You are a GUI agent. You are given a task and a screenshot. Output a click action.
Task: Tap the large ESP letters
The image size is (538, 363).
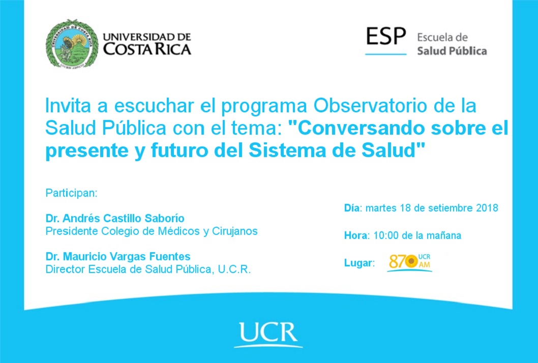(x=386, y=36)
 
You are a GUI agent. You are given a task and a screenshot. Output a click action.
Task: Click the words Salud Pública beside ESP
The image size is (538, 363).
(x=452, y=51)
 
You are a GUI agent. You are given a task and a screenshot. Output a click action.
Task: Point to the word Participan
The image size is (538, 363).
(x=71, y=193)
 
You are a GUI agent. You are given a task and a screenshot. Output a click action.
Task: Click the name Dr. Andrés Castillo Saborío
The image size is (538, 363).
(x=115, y=218)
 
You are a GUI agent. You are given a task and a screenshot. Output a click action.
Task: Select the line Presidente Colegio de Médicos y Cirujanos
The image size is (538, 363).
(x=152, y=231)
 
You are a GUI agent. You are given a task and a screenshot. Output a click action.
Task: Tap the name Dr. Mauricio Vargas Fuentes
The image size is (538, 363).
(x=118, y=256)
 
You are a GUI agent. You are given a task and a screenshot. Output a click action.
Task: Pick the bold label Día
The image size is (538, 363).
(x=352, y=208)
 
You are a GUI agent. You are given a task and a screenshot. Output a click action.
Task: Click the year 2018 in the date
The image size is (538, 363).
(x=487, y=208)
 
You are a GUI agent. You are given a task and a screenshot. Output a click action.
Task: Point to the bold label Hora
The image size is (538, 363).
(x=355, y=235)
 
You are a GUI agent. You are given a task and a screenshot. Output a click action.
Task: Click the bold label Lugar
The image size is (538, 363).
(x=358, y=263)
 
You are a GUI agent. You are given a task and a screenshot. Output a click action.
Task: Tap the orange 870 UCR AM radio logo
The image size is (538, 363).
(x=410, y=262)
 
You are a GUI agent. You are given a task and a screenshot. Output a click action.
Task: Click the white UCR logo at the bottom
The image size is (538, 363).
(x=268, y=334)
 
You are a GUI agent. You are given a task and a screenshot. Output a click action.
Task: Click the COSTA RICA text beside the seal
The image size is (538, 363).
(x=147, y=49)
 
